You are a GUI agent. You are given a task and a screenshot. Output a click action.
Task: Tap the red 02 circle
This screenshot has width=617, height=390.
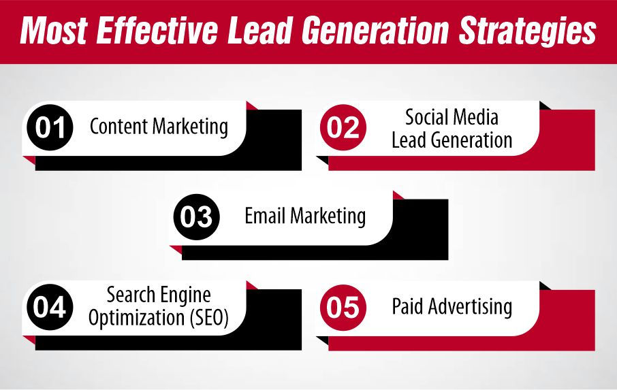click(x=343, y=128)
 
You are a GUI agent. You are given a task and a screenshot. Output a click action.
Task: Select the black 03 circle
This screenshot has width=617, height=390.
click(x=197, y=218)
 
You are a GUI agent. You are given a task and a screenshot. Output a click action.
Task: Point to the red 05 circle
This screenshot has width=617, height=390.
click(x=343, y=308)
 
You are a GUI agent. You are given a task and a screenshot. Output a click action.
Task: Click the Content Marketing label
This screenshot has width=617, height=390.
click(x=159, y=127)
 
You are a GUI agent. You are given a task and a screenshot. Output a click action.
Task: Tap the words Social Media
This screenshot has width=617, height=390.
click(x=452, y=117)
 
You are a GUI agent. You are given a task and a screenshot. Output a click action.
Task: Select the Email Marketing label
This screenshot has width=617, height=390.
click(x=305, y=216)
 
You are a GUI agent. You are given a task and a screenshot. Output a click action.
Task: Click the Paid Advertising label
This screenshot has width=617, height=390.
click(x=452, y=306)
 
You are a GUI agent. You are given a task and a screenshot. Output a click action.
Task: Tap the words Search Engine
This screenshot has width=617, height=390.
click(x=159, y=296)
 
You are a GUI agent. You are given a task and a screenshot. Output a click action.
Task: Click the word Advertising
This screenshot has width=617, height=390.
click(x=469, y=306)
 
